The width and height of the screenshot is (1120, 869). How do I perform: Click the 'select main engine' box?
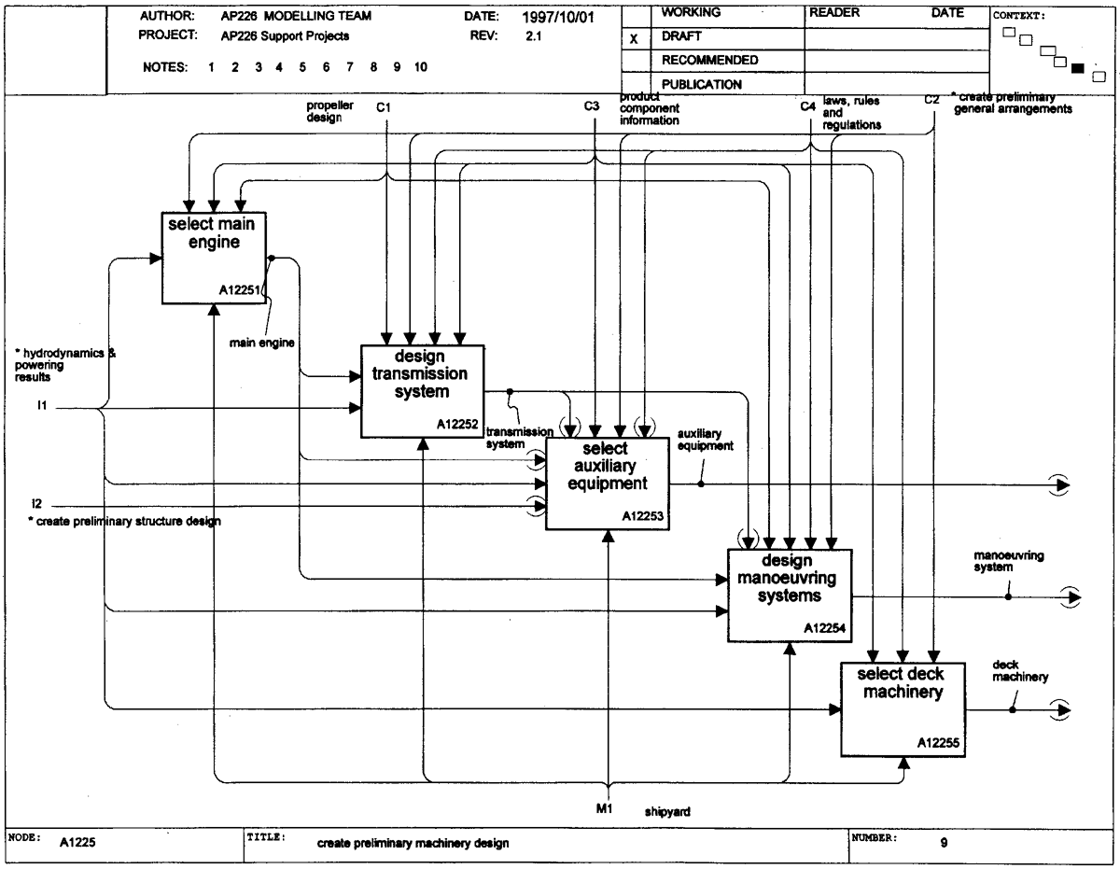[214, 258]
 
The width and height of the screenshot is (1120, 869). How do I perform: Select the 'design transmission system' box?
[422, 391]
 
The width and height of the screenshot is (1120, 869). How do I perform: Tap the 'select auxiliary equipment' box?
[608, 484]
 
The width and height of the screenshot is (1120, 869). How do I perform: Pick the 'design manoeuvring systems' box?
[789, 596]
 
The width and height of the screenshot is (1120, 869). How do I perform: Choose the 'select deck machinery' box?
[903, 709]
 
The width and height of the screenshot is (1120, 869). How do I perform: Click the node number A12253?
[642, 516]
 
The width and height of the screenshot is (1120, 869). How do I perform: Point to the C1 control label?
[384, 107]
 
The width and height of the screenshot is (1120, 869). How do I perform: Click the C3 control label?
[591, 105]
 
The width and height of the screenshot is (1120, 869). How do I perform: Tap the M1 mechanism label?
[604, 808]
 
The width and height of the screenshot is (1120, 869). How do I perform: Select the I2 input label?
[36, 503]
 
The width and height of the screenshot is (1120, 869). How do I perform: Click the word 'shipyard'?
[667, 812]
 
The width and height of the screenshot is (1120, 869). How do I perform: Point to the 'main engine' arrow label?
[262, 343]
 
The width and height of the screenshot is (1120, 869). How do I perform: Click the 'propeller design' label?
[329, 111]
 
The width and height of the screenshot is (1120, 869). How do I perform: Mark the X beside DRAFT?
[634, 38]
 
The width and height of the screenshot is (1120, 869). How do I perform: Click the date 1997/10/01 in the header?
[558, 17]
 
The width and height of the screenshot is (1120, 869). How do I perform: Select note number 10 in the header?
[421, 66]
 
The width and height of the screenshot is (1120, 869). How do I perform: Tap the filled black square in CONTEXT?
[1078, 68]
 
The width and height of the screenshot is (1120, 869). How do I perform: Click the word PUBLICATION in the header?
[702, 84]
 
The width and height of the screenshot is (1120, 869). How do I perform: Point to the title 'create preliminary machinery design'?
[413, 843]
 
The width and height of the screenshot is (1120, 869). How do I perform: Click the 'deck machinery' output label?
[1020, 670]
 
